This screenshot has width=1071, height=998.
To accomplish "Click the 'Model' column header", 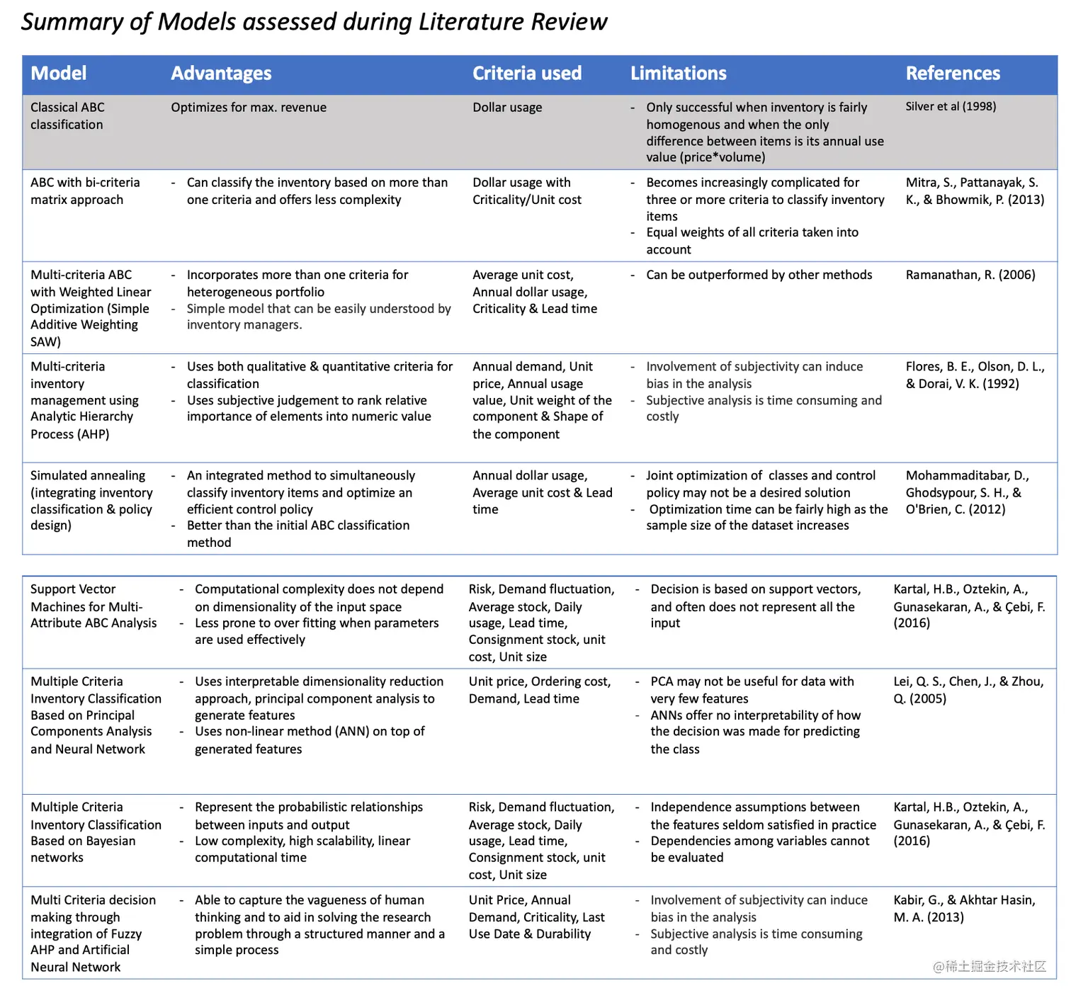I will coord(59,74).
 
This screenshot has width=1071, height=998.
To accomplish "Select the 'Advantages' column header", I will coord(221,74).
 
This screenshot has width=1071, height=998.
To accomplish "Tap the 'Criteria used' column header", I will coord(527,74).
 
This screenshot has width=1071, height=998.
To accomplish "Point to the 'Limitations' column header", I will coord(679,74).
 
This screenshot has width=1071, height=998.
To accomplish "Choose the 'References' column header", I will coord(953,74).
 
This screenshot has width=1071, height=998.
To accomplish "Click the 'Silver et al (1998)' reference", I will coord(951,106).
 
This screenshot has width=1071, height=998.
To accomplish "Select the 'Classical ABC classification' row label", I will coord(67,116).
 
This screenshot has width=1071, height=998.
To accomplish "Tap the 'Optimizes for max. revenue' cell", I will coord(249,108).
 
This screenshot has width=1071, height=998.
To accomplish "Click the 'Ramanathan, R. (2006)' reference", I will coord(970,275).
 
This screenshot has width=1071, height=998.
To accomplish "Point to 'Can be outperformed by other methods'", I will coord(759,275).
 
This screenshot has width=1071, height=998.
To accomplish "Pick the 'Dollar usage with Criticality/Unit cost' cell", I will coord(527,191).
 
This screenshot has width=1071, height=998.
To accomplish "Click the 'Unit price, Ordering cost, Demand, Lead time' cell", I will coord(539,690).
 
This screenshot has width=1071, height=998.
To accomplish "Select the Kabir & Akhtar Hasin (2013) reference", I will coord(964,909).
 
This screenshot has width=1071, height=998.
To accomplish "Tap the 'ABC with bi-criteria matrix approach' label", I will coord(85,191).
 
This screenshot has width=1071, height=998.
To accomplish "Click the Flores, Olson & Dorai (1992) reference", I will coord(975,375).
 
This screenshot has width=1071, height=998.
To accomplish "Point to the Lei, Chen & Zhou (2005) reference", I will coord(968,690).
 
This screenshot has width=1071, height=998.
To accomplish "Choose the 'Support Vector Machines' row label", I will coord(93,606).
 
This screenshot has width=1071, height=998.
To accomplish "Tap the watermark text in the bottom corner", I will coord(989,966).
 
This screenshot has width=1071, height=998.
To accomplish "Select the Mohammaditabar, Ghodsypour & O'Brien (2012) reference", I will coord(967,492).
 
